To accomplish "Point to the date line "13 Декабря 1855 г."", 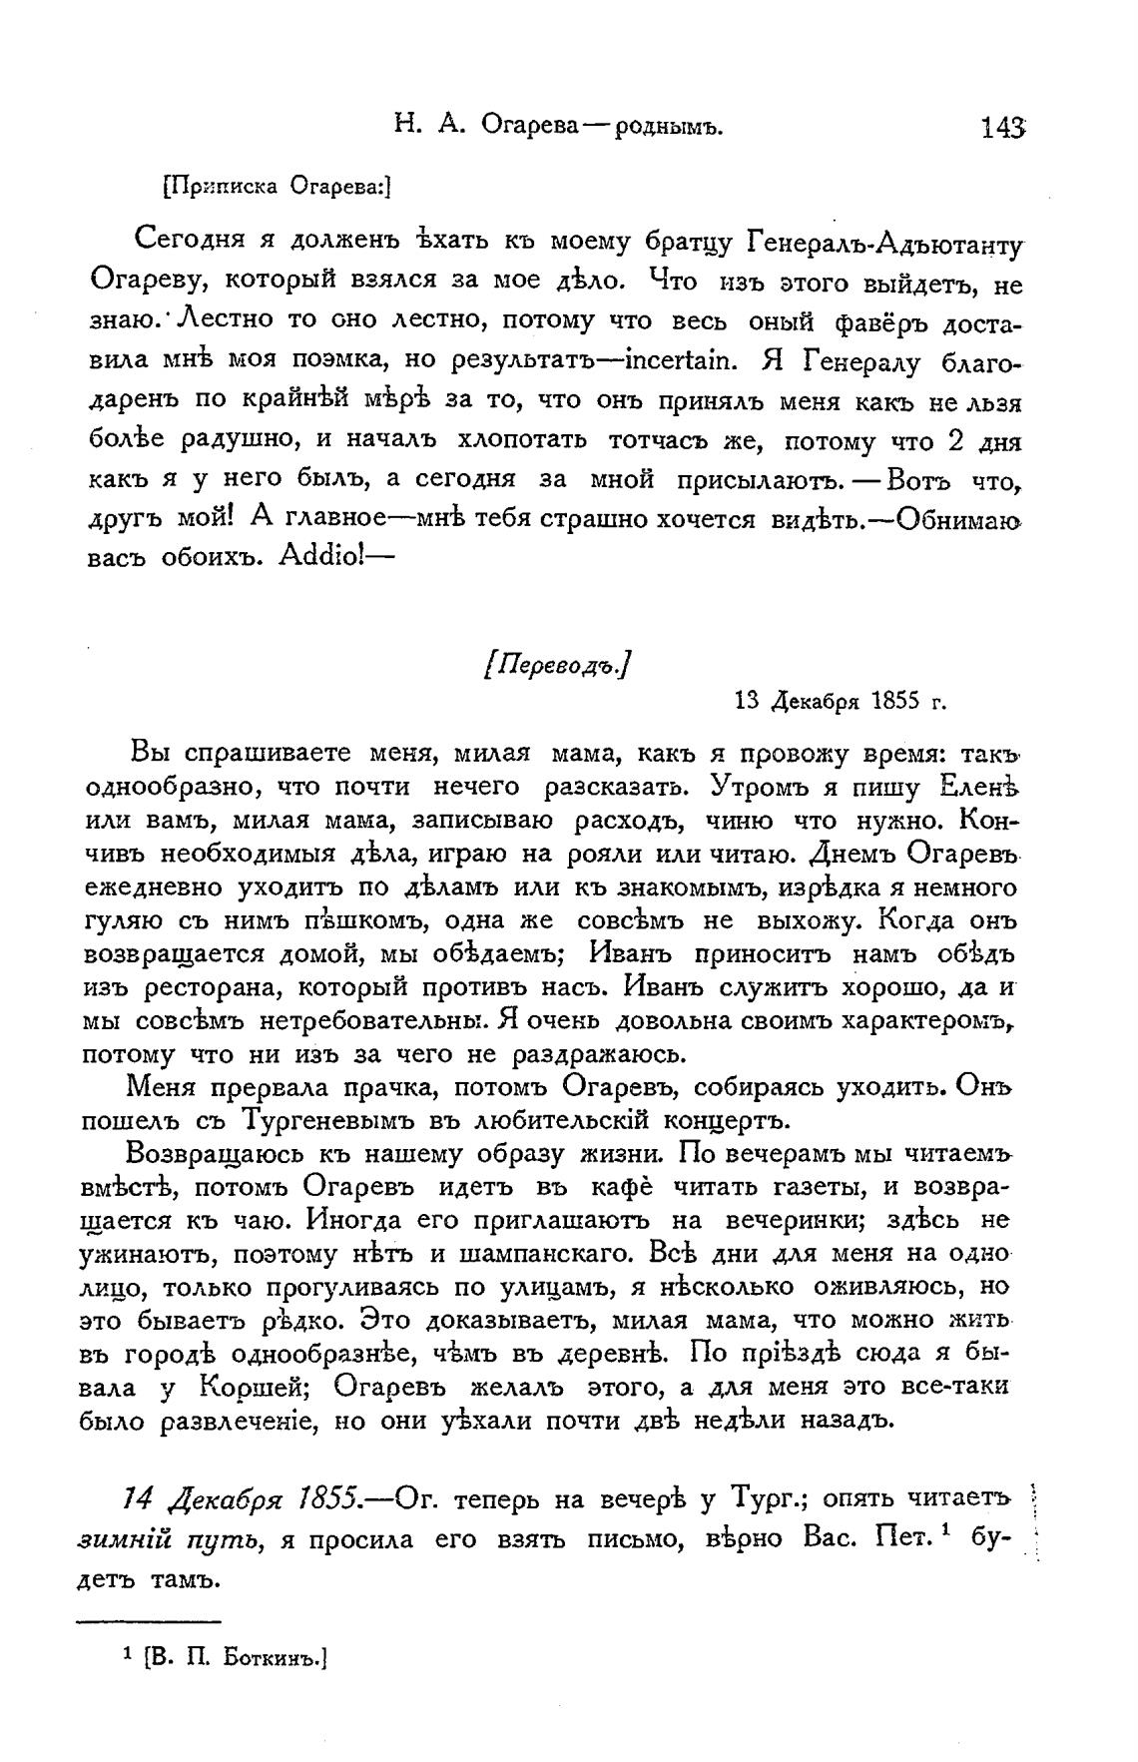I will coord(839,700).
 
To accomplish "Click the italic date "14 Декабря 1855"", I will coord(241,1499).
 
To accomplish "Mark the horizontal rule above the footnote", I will coord(150,1621).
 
